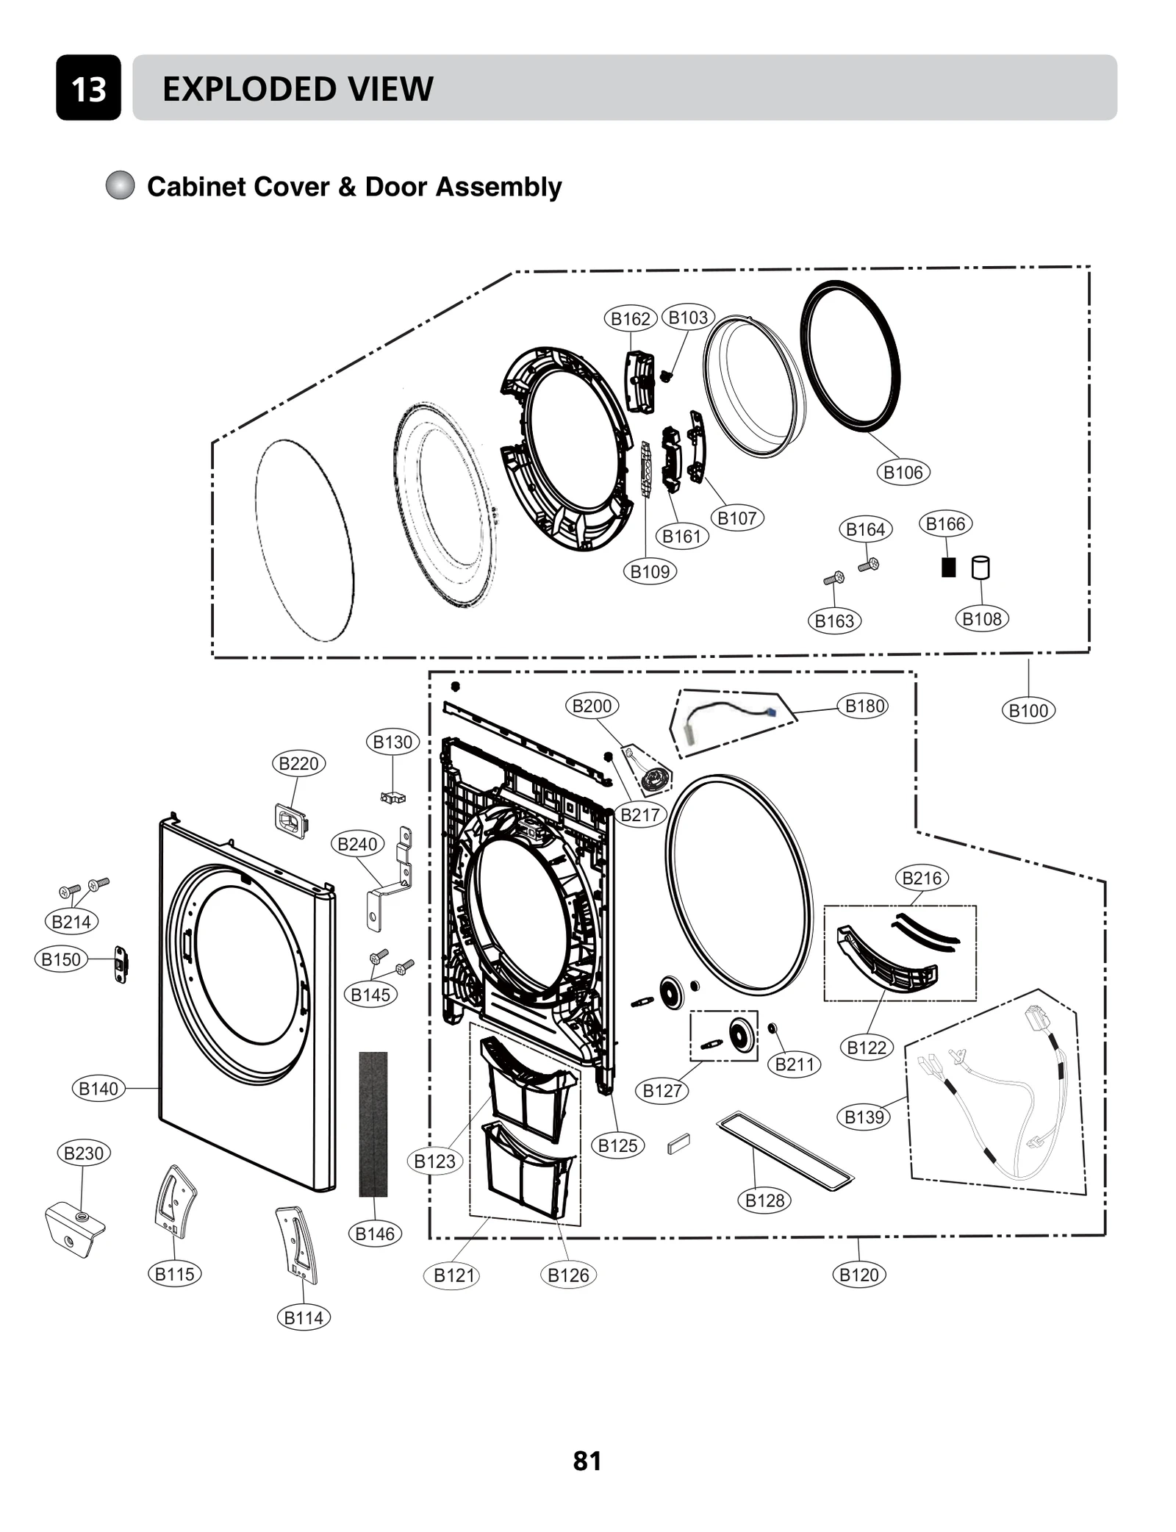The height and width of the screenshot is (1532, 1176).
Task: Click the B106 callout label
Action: [903, 472]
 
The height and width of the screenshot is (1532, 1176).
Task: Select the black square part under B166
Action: [948, 567]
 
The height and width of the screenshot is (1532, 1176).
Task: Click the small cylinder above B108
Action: [980, 568]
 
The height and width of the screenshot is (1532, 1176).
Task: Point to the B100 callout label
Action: [1028, 710]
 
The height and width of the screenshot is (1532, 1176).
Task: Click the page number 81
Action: [587, 1461]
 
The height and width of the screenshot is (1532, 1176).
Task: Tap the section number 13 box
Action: [88, 88]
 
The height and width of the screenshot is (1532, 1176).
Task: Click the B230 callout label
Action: [83, 1153]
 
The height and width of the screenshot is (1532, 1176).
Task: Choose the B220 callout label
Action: [298, 763]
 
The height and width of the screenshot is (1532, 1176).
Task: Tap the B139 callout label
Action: [864, 1117]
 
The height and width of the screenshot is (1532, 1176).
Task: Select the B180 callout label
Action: [864, 706]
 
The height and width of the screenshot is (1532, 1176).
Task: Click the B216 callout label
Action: [921, 878]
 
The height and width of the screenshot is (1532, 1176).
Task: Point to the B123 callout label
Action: [434, 1161]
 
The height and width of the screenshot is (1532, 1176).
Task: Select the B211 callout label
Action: [795, 1064]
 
